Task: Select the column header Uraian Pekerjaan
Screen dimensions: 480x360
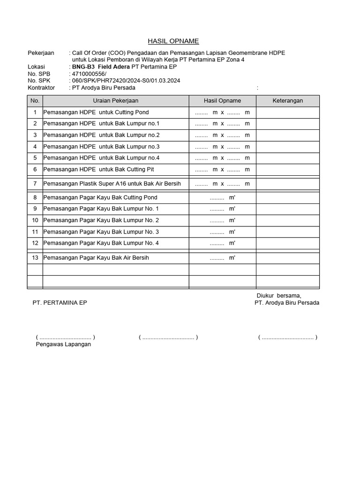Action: point(115,101)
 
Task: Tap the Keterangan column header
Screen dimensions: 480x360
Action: point(288,101)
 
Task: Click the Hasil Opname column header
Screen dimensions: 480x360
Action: point(222,101)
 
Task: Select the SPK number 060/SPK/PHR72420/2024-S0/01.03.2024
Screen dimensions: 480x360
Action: point(124,81)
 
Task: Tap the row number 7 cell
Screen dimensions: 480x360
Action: point(35,184)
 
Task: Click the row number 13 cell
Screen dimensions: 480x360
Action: point(35,258)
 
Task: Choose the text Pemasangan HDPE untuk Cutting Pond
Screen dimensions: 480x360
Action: point(96,112)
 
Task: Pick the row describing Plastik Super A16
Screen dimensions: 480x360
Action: point(112,184)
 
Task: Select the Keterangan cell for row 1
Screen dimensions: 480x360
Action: point(288,112)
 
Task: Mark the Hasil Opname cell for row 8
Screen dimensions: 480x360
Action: point(222,197)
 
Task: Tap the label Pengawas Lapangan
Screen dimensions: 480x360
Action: point(63,345)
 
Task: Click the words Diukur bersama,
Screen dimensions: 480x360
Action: point(279,295)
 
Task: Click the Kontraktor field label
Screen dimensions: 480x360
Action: point(41,88)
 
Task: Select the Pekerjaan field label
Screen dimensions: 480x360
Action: point(41,53)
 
